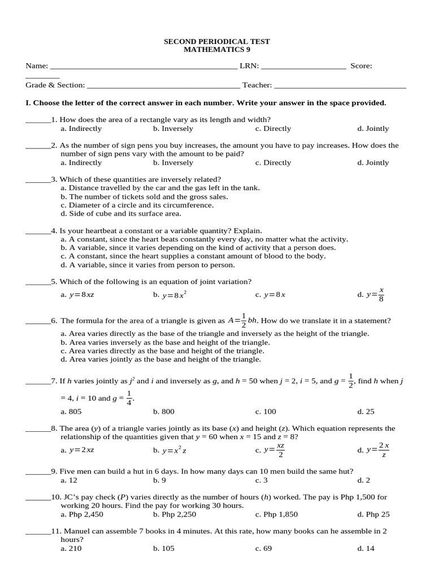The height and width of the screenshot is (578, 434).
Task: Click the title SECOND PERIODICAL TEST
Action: click(x=216, y=42)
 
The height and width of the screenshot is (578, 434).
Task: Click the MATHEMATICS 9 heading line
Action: click(x=216, y=50)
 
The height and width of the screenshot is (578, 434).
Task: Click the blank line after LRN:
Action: click(x=303, y=67)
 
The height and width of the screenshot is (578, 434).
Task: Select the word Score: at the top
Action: click(x=361, y=66)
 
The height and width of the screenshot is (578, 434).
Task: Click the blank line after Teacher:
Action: click(x=340, y=86)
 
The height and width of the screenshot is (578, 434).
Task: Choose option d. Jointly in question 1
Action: click(x=373, y=129)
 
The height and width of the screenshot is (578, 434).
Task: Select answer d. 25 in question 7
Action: click(x=366, y=412)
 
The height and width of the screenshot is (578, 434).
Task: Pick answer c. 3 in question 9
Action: click(x=261, y=480)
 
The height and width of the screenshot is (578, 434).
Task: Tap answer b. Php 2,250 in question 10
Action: click(x=174, y=514)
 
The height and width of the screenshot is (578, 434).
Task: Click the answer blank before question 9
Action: click(x=38, y=472)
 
